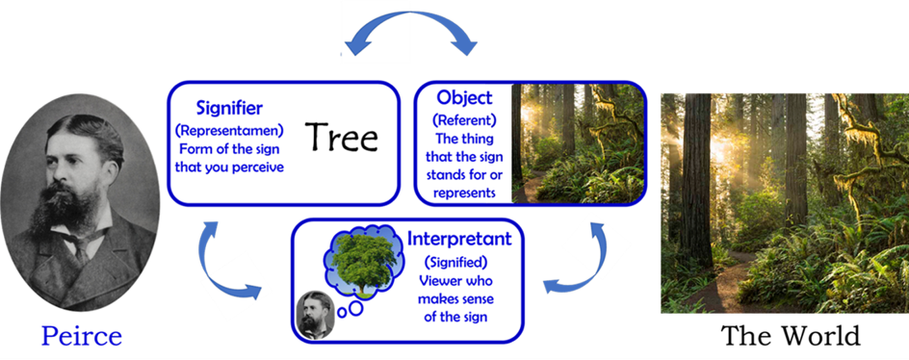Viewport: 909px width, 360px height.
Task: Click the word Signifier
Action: pos(229,108)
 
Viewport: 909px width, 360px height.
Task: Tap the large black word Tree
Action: pos(342,138)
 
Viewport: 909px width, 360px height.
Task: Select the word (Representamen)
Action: pos(229,131)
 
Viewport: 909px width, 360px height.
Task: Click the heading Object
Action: pos(464,97)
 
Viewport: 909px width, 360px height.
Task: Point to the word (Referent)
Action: pos(464,120)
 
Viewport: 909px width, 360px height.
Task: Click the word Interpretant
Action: pos(459,239)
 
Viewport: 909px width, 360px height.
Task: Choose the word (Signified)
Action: pos(455,262)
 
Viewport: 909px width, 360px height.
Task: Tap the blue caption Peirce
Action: pos(81,336)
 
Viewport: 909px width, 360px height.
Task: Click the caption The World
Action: pos(791,336)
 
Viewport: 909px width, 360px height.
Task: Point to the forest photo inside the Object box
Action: pos(578,143)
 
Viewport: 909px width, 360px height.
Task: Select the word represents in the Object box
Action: pos(464,193)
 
